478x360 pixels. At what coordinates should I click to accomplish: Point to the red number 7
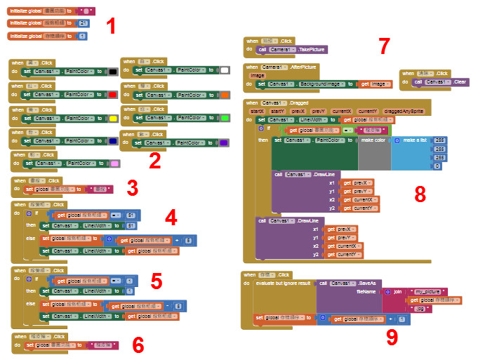[383, 46]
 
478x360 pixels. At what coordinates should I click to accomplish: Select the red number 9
[391, 338]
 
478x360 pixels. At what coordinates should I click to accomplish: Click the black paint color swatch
[112, 72]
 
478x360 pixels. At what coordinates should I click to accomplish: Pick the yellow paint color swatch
[112, 118]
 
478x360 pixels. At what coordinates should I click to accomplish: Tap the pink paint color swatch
[114, 164]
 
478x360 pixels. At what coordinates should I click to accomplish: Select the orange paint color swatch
[225, 94]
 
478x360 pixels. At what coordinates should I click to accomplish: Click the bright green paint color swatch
[225, 119]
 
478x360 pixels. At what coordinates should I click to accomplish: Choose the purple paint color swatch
[225, 142]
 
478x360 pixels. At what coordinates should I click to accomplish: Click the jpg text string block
[420, 307]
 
